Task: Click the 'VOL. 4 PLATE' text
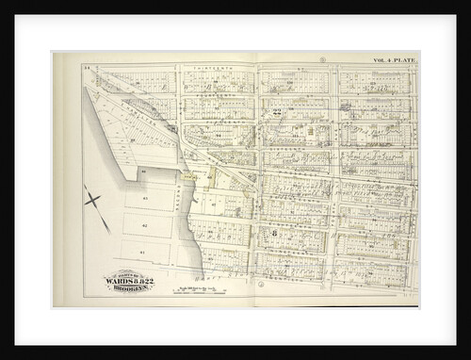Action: click(392, 59)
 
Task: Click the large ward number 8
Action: click(273, 232)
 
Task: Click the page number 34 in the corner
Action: click(85, 68)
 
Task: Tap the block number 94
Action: click(218, 135)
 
